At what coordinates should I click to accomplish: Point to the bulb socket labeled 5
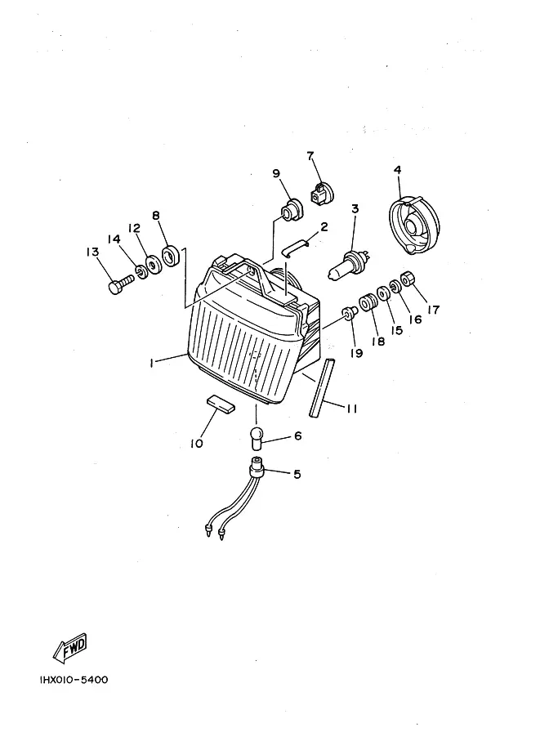pyautogui.click(x=257, y=470)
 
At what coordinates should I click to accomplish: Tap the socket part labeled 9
pyautogui.click(x=290, y=211)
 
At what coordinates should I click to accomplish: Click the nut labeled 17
pyautogui.click(x=409, y=279)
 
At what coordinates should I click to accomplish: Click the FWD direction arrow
pyautogui.click(x=69, y=648)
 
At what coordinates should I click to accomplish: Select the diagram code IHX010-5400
pyautogui.click(x=73, y=680)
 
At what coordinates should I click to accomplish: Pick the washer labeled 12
pyautogui.click(x=152, y=266)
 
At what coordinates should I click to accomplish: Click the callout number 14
pyautogui.click(x=114, y=239)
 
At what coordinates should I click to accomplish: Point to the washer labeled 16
pyautogui.click(x=395, y=286)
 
